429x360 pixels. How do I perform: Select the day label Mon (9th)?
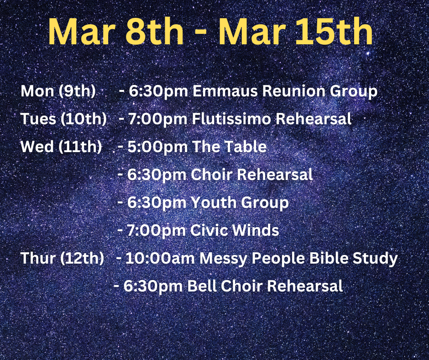click(x=58, y=90)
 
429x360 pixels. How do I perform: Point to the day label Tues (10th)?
click(x=63, y=119)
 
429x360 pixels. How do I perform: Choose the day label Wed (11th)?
click(x=61, y=146)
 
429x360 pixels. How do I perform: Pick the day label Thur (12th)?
click(x=63, y=258)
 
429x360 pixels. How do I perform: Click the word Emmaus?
click(x=225, y=90)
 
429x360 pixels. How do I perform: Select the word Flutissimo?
click(x=231, y=119)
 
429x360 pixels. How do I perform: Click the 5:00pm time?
click(x=157, y=147)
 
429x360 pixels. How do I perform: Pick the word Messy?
click(x=223, y=259)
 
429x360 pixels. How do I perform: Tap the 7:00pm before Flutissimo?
click(x=157, y=119)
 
